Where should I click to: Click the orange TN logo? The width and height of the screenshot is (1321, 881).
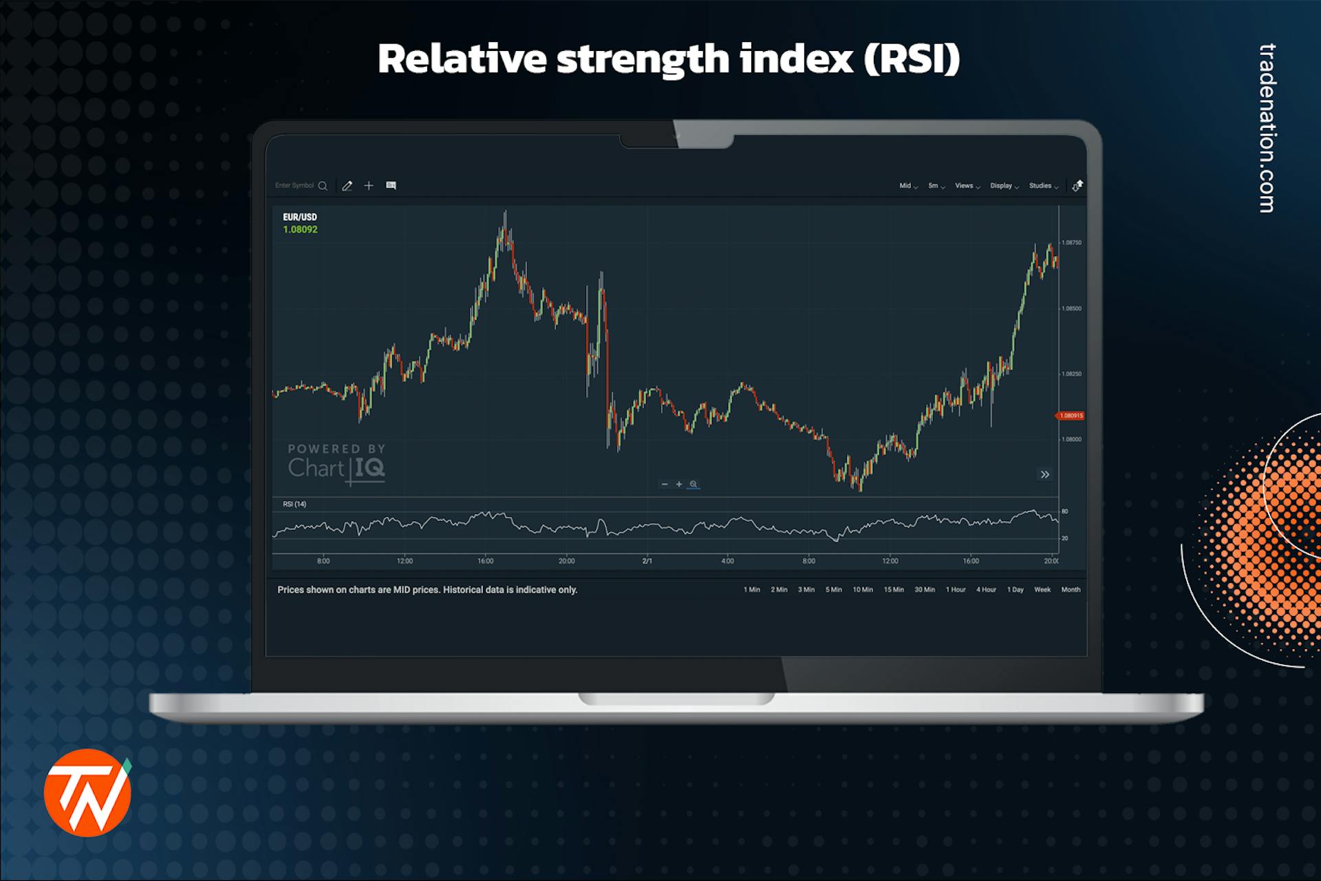(x=87, y=793)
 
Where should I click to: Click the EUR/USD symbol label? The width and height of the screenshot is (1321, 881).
(x=300, y=217)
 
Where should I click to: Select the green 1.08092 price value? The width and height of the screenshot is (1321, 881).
(x=300, y=230)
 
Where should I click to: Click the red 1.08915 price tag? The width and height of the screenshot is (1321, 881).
(x=1071, y=416)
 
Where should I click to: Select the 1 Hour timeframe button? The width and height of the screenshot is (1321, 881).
(x=955, y=590)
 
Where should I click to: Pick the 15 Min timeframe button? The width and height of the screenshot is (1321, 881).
(x=894, y=590)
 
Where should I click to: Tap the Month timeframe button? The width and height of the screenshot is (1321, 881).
(x=1071, y=590)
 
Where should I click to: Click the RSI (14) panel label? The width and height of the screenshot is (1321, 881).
(x=294, y=505)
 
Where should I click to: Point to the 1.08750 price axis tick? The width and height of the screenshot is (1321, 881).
(x=1071, y=243)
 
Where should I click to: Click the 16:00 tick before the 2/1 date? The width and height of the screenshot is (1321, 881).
(x=486, y=562)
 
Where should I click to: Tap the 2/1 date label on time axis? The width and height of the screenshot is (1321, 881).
(x=647, y=562)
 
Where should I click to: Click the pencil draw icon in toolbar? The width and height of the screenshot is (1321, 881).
(x=347, y=186)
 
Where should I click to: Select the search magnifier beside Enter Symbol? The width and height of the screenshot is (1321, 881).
(x=323, y=186)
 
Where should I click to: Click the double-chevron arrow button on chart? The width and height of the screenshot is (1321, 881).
(x=1044, y=474)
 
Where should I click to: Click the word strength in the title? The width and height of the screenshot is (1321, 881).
(x=643, y=59)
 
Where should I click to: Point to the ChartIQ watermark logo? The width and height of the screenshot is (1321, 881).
(x=336, y=463)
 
